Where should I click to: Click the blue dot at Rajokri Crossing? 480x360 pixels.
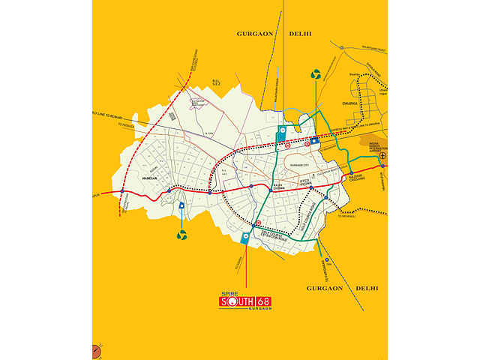(351, 174)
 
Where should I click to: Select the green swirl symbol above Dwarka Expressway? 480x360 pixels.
(315, 75)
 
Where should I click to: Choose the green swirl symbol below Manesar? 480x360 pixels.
(181, 235)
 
